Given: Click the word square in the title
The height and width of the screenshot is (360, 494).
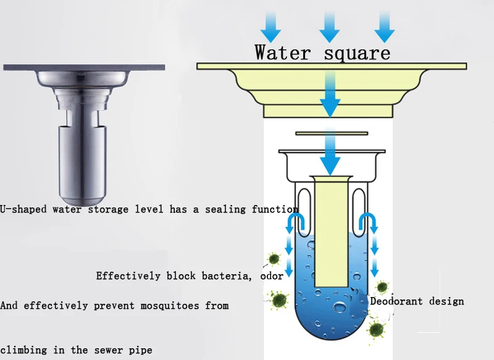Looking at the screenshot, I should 358,52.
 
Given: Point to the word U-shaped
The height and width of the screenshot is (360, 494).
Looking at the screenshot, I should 24,209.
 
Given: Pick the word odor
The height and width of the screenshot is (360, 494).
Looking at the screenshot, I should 271,276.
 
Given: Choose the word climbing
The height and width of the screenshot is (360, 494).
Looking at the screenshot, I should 23,350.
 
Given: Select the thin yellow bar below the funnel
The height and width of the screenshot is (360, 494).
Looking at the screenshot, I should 331,133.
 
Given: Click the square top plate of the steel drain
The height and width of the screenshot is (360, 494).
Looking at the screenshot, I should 86,67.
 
